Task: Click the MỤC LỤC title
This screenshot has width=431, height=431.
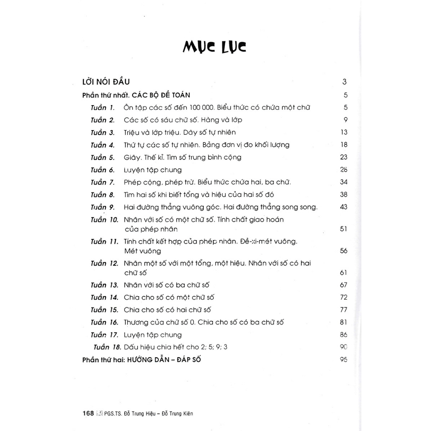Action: coord(215,47)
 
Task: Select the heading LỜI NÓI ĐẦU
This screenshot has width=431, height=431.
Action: coord(107,82)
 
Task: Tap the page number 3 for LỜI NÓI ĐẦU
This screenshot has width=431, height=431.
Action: coord(344,82)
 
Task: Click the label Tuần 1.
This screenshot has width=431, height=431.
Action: coord(102,107)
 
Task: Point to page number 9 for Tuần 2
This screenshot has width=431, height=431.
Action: coord(345,120)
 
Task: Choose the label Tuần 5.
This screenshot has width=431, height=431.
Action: coord(102,157)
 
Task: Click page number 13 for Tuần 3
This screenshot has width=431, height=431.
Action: coord(343,133)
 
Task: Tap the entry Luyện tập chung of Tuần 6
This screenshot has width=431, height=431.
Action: coord(153,170)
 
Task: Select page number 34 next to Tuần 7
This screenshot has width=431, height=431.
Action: coord(343,182)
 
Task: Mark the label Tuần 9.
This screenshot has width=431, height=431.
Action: coord(102,207)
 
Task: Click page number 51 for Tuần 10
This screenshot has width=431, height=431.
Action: coord(343,229)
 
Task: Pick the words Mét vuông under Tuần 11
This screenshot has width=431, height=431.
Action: coord(143,251)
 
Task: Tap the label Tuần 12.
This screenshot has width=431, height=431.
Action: coord(104,263)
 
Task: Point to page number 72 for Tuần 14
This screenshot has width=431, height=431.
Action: coord(343,298)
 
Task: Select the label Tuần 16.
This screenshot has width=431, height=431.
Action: coord(104,322)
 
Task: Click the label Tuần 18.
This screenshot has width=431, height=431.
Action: coord(107,347)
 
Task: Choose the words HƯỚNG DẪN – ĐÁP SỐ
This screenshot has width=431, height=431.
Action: coord(167,360)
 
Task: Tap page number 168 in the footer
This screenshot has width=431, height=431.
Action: coord(88,413)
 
